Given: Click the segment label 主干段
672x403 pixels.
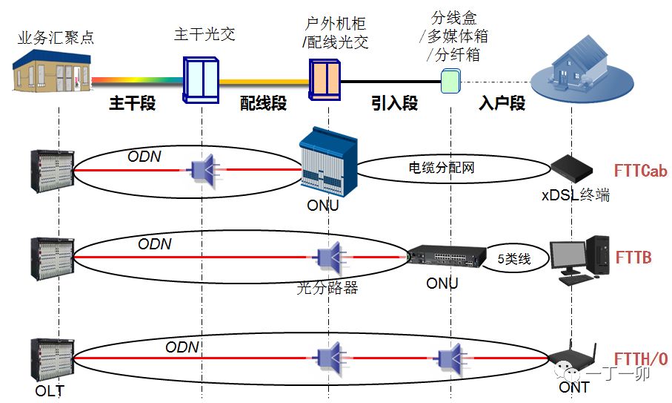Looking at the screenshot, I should tap(133, 103).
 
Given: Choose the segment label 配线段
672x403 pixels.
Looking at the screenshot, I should tap(263, 103).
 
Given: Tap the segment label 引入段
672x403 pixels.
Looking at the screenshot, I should tap(394, 103).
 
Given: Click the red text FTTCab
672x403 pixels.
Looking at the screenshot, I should tap(640, 171).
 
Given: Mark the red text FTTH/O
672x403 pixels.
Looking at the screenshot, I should tap(641, 359).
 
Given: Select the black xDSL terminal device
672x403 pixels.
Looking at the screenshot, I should tap(572, 168).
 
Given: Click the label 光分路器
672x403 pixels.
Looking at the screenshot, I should tap(327, 288).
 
